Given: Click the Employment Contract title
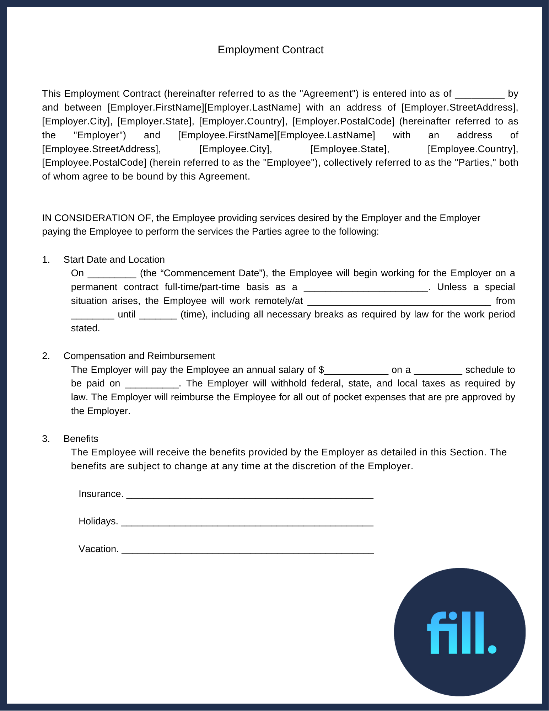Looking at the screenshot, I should coord(270,50).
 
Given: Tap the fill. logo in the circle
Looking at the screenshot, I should coord(461,633).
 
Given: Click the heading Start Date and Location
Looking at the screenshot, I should coord(114,260).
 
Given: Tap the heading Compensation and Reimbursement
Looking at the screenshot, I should coord(139,356).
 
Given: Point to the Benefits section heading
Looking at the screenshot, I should coord(81,439).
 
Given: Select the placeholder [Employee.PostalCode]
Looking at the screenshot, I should coord(94,162).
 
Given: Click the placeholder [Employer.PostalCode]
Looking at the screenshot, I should coord(343,121).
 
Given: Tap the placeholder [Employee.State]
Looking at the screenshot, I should coord(350,149).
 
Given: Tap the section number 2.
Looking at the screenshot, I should coord(46,356).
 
